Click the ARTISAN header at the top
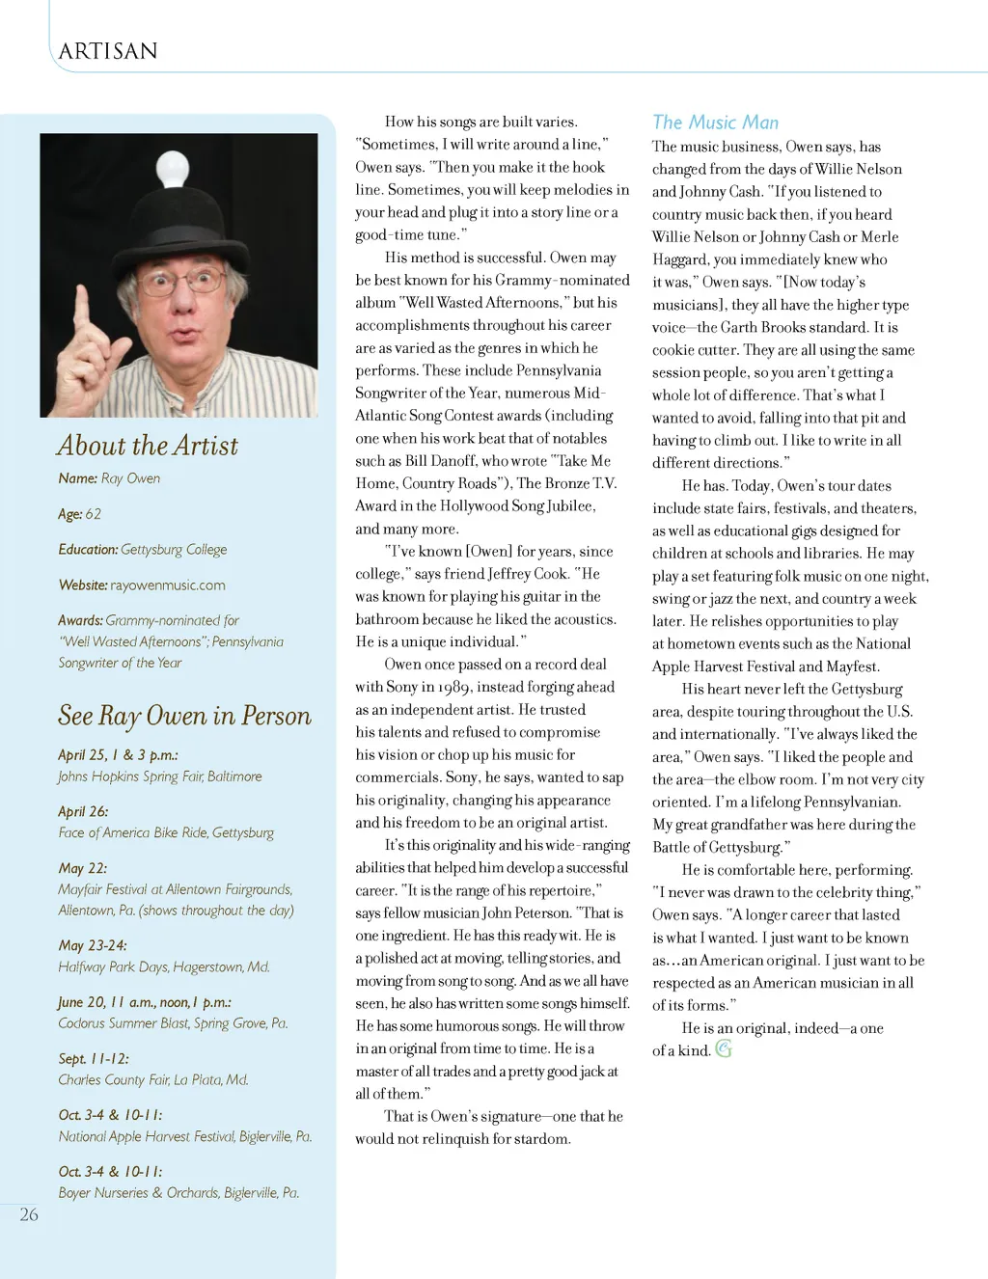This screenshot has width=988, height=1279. point(108,51)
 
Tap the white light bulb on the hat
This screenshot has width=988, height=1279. point(172,166)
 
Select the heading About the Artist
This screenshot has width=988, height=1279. point(148,446)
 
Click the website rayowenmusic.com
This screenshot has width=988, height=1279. point(168,585)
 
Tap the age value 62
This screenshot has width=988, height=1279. point(94,514)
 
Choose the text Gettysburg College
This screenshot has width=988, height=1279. point(174,550)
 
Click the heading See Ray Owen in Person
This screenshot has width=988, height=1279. point(184,716)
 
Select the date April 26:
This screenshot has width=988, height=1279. point(83,811)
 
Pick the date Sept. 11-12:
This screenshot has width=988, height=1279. point(94,1058)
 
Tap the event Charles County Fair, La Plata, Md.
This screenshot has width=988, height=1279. point(153,1080)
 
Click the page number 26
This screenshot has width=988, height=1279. point(29,1214)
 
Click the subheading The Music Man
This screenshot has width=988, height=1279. point(715,122)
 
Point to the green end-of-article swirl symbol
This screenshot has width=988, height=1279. point(724,1048)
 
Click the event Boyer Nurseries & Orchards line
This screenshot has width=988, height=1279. point(178,1193)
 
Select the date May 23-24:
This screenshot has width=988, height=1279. point(93,945)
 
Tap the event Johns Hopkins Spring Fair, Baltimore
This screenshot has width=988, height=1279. point(160,776)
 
